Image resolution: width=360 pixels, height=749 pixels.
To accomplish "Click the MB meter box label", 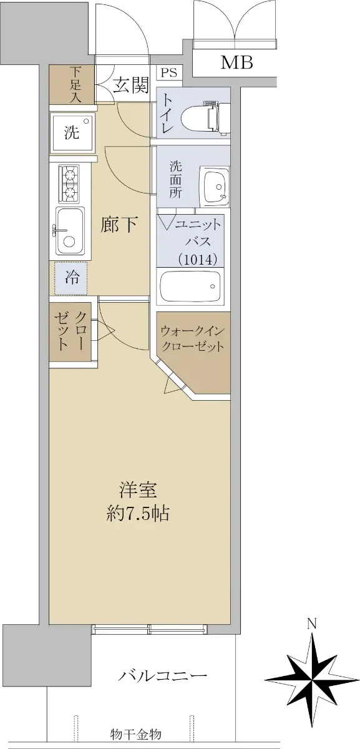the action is [x=236, y=62].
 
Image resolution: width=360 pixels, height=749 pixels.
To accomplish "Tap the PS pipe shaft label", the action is [x=169, y=73].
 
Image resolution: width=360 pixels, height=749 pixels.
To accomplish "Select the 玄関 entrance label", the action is [x=130, y=86].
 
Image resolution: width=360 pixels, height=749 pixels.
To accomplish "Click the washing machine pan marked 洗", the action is [x=72, y=132].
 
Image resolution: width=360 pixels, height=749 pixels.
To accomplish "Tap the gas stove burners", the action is [x=69, y=184].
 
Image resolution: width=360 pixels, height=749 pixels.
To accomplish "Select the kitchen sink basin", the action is [x=70, y=230].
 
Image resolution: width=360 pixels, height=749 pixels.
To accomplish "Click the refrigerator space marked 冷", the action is [x=71, y=278].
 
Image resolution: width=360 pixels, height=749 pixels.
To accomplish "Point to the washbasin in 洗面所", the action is [x=214, y=187].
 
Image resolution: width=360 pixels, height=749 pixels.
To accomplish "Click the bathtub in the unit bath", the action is [x=190, y=285].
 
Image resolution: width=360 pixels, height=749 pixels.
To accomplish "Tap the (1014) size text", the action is [x=198, y=259].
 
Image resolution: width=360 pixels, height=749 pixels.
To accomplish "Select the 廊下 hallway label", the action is [x=119, y=225].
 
